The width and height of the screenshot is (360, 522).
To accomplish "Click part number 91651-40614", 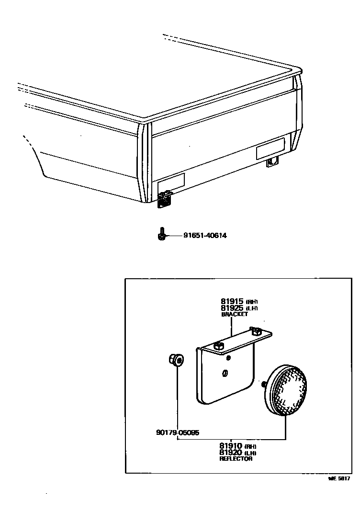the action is click(205, 236).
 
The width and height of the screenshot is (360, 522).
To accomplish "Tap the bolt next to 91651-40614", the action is click(162, 235).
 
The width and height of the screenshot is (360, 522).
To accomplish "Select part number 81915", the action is click(232, 301).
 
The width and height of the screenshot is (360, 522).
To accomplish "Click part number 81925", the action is click(232, 308).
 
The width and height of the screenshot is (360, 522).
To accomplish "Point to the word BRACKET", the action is click(235, 315).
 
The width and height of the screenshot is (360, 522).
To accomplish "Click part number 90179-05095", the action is click(178, 432).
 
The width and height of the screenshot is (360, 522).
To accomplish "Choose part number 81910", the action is click(231, 446).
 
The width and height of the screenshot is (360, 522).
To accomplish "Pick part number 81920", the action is click(231, 453).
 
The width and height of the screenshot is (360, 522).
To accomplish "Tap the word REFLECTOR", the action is click(236, 459).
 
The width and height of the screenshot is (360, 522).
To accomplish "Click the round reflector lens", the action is click(289, 388).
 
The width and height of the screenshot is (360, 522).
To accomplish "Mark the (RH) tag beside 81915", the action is click(252, 302).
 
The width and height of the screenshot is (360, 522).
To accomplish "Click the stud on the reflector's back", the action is click(264, 384).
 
